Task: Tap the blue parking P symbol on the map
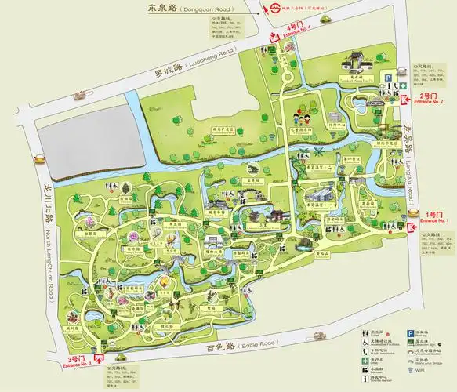pyautogui.click(x=386, y=76)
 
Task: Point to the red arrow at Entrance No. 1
pyautogui.click(x=414, y=227)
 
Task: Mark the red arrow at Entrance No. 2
pyautogui.click(x=406, y=100)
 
